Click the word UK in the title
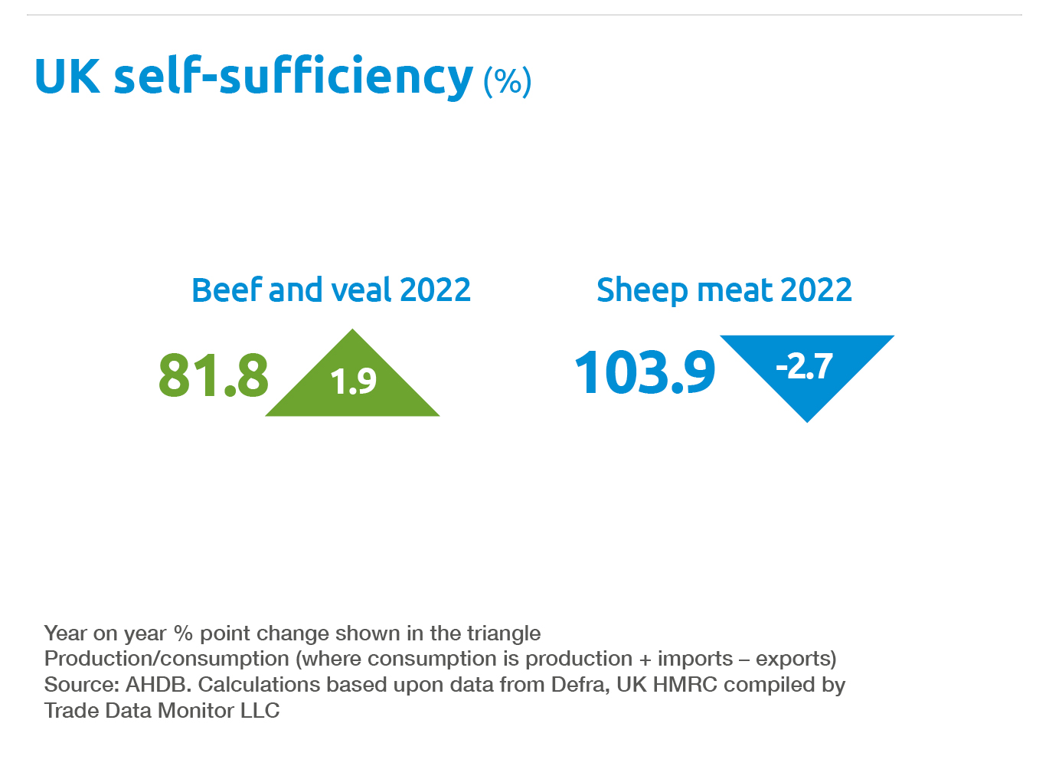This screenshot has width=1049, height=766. tap(67, 77)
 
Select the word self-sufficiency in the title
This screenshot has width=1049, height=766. tap(293, 77)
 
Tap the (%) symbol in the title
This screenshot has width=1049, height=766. tap(507, 80)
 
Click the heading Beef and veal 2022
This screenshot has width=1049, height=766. tap(331, 290)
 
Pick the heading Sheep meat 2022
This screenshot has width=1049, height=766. tap(724, 290)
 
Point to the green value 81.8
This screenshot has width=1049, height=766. tap(214, 375)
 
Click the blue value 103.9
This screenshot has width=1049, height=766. tap(645, 373)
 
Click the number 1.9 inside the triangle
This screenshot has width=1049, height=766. tap(353, 381)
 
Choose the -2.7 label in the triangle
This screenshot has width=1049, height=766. tap(804, 366)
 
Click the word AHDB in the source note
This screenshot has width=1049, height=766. tap(158, 684)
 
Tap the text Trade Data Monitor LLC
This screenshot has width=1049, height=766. tap(162, 710)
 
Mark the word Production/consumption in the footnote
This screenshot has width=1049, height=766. tap(166, 659)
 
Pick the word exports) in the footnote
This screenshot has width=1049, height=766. tap(796, 659)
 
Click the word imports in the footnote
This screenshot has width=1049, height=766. tap(694, 659)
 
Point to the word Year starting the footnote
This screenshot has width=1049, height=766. tap(66, 633)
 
